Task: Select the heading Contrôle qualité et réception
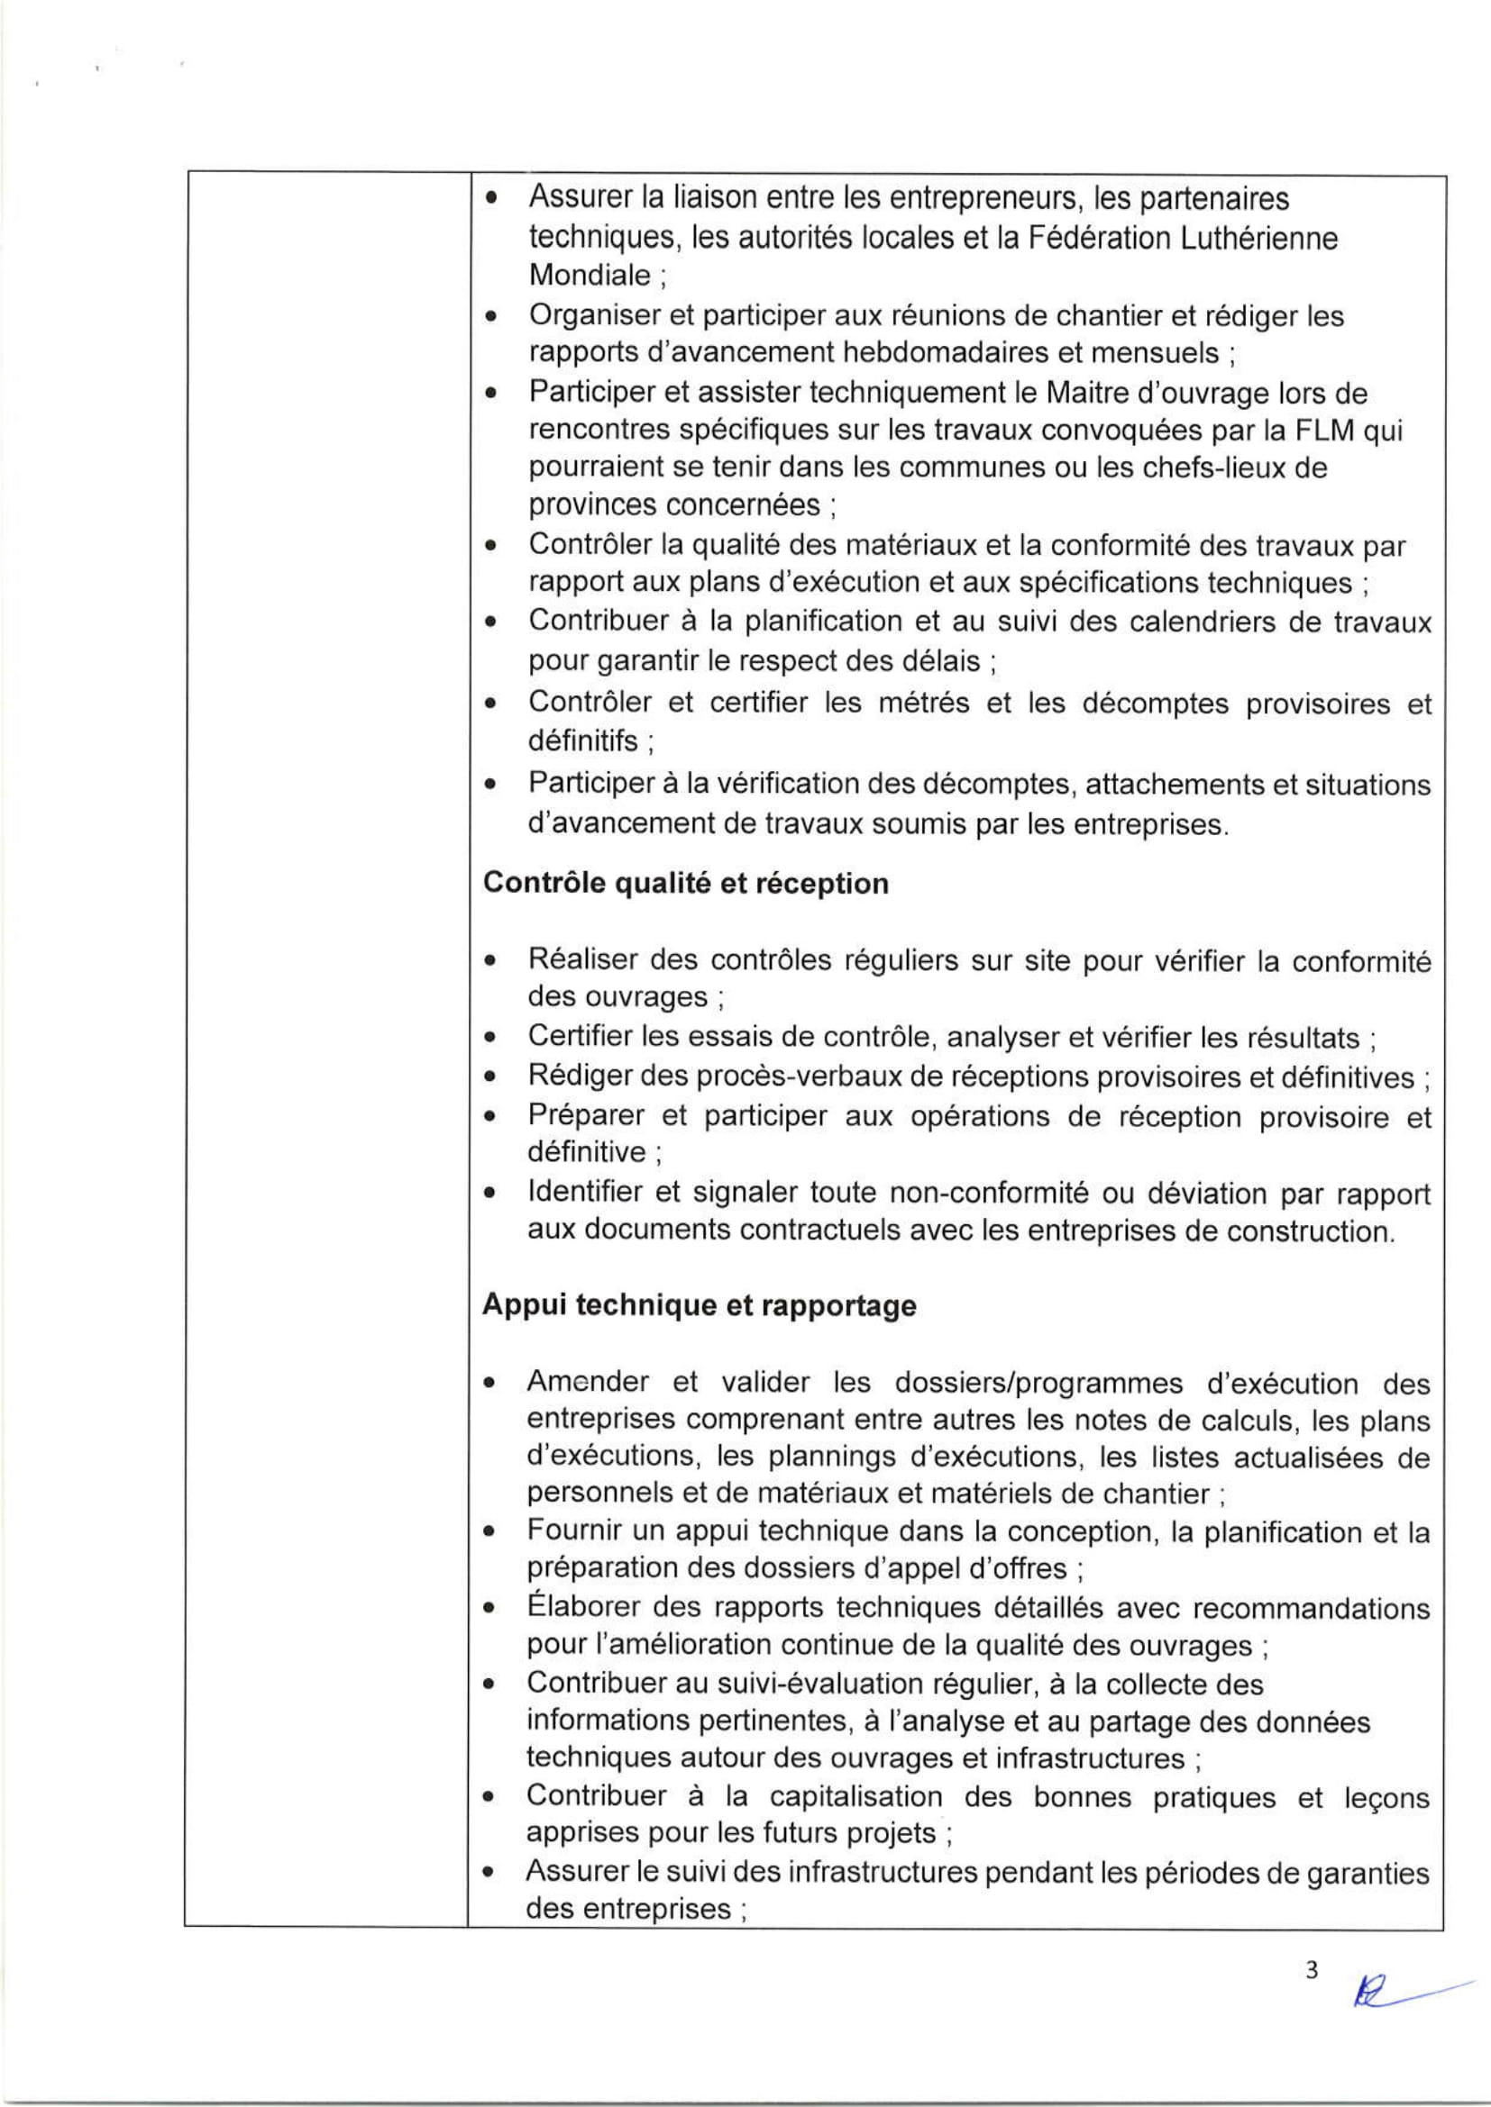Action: (x=685, y=884)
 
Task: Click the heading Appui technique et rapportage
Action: (x=699, y=1307)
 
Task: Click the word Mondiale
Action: (x=589, y=276)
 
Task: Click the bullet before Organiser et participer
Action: (x=493, y=317)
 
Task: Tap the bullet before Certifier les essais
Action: (x=493, y=1040)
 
